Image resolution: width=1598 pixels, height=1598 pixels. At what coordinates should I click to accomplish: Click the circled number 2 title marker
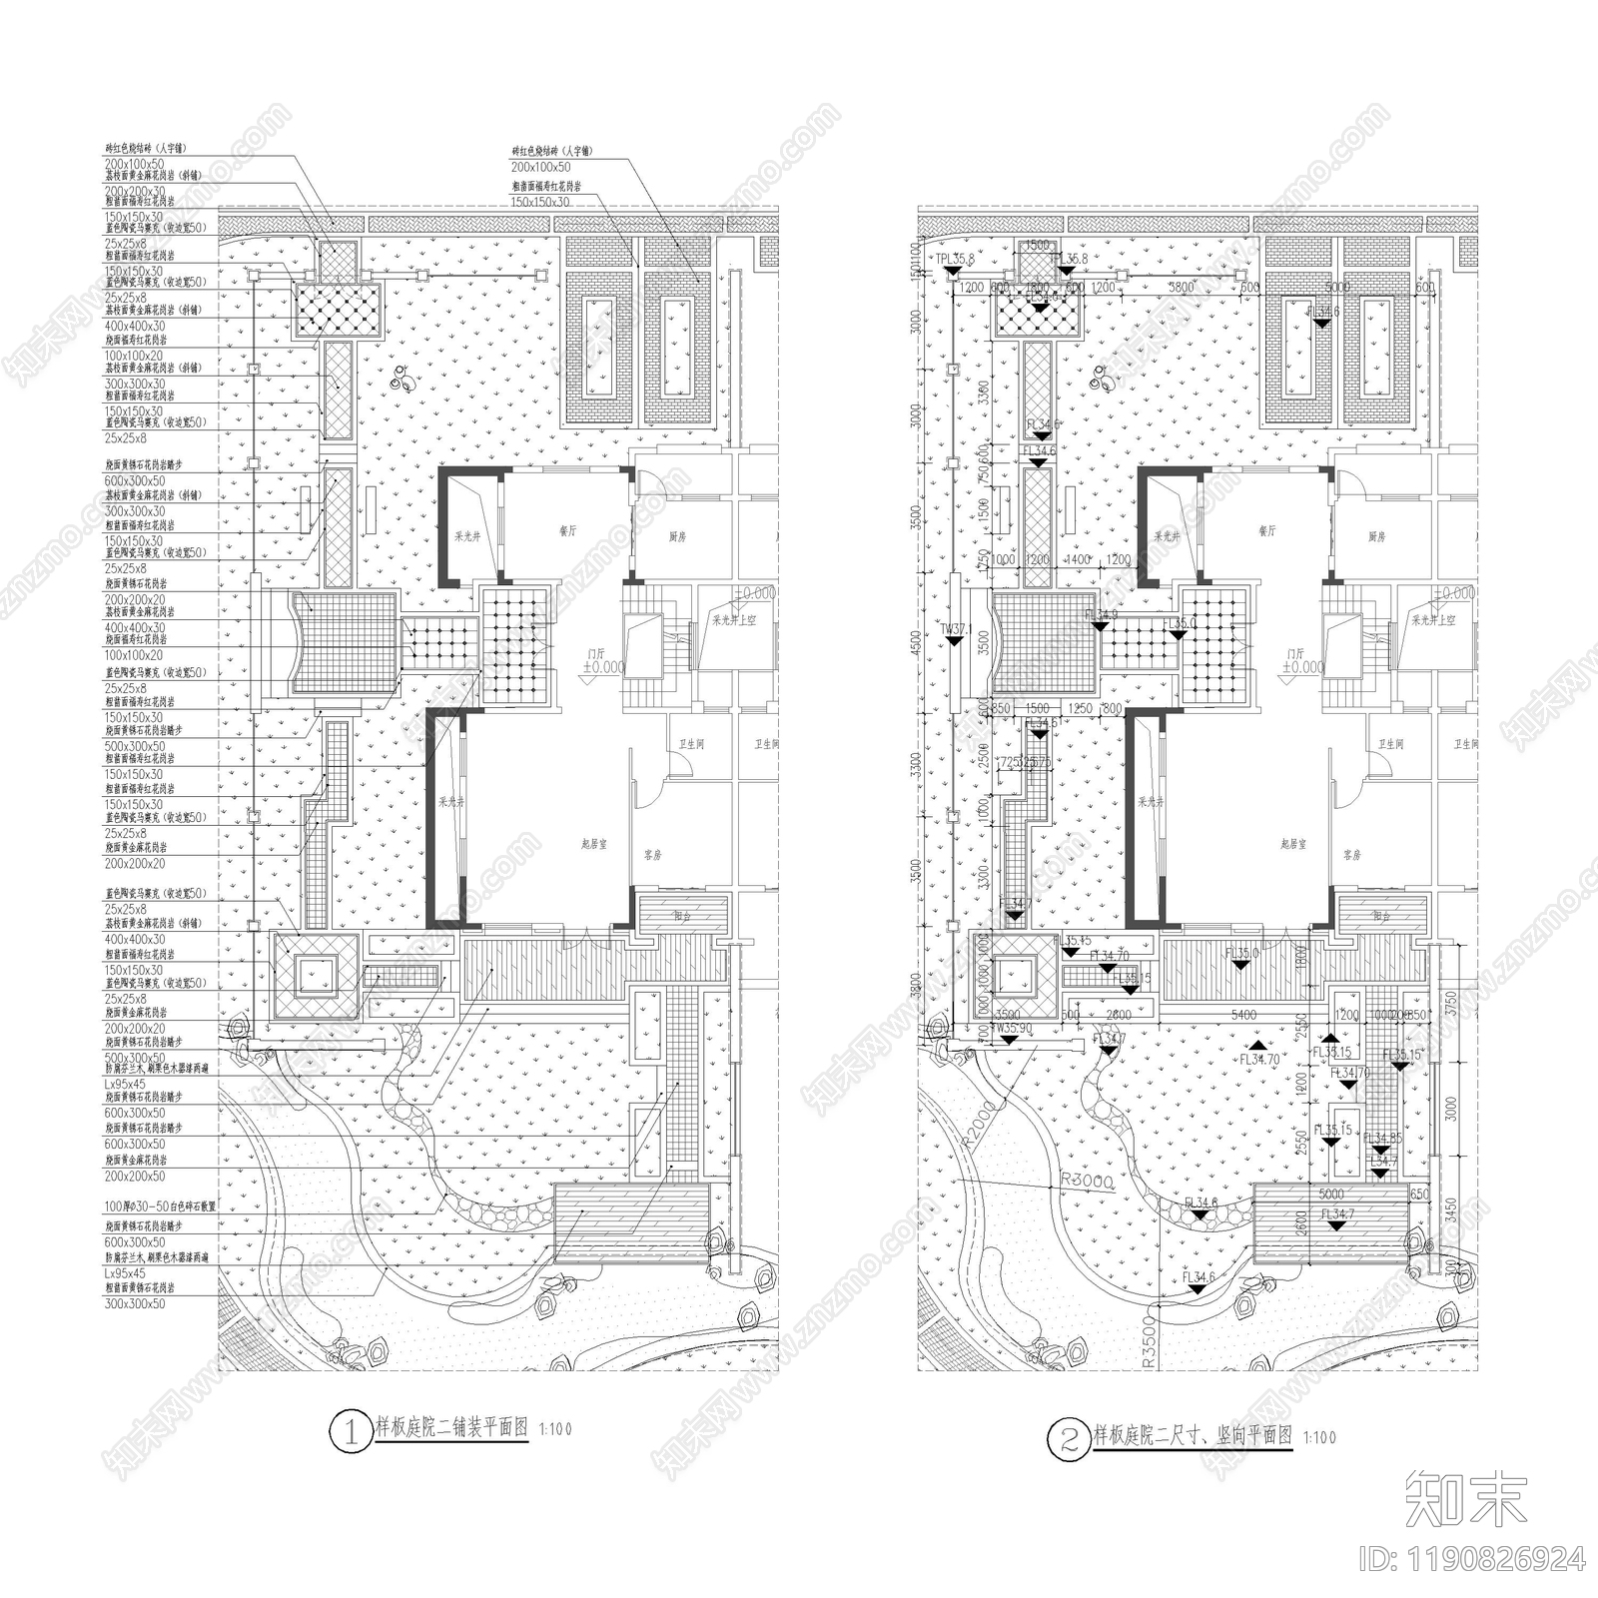1068,1439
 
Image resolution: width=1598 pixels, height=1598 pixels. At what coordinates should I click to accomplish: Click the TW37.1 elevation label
955,629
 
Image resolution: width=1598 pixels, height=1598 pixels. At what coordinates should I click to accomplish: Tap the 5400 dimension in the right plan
1243,1016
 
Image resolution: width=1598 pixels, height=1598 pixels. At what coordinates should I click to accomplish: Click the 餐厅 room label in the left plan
567,531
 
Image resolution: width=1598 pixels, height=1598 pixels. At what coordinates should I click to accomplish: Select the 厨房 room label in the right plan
1377,537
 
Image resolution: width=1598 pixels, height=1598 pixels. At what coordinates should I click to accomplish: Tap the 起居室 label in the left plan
594,844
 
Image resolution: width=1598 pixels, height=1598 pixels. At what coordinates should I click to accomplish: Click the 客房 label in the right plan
1351,856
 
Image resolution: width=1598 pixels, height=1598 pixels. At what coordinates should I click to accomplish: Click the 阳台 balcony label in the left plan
682,915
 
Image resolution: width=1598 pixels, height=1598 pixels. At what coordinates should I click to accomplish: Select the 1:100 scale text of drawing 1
555,1429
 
